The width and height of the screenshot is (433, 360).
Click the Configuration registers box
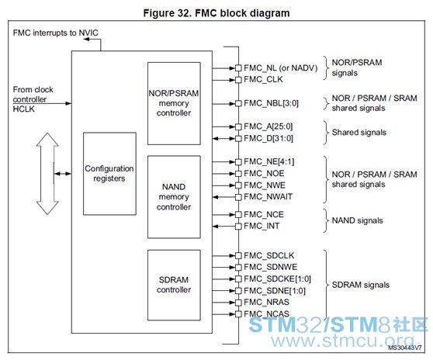[x=109, y=174]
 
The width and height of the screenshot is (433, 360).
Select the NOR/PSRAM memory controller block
[x=174, y=103]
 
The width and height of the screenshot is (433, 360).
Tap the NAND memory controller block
[x=174, y=197]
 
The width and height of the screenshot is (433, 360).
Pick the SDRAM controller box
[x=174, y=285]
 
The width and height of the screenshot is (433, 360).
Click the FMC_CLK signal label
[x=263, y=79]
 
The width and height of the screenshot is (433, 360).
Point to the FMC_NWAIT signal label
[x=268, y=197]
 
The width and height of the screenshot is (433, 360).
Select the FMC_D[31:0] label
[x=268, y=138]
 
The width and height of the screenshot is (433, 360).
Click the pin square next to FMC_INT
[x=238, y=227]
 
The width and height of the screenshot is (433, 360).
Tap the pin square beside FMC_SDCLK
[x=238, y=256]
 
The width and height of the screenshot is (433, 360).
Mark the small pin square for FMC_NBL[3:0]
[x=238, y=104]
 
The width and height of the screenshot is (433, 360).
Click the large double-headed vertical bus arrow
[x=47, y=174]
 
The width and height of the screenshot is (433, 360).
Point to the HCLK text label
[x=24, y=109]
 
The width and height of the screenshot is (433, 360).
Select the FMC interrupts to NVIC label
[x=56, y=33]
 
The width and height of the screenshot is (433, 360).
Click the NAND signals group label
[x=357, y=220]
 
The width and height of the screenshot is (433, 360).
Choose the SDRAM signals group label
[x=361, y=285]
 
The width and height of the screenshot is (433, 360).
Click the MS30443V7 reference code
[x=405, y=348]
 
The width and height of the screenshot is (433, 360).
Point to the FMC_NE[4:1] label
[x=269, y=161]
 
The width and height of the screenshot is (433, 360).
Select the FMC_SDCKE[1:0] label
[x=277, y=279]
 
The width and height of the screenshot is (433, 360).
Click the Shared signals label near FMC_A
[x=359, y=133]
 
